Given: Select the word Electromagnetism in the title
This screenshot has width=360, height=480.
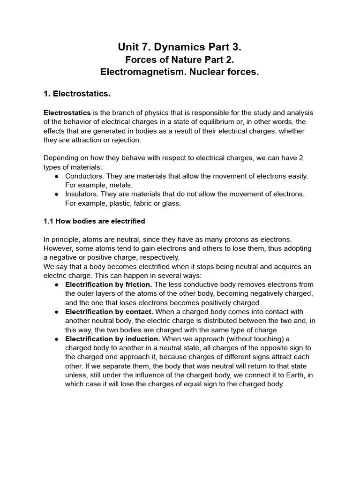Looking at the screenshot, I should [140, 72].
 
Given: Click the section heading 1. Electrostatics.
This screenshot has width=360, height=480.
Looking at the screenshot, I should [77, 94].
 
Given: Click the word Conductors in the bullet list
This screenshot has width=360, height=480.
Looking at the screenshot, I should [84, 176].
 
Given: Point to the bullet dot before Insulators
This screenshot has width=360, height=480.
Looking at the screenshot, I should [57, 194].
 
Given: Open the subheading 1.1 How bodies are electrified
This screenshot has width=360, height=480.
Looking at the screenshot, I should [94, 221].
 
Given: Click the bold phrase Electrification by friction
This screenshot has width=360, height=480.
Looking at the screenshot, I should [109, 285].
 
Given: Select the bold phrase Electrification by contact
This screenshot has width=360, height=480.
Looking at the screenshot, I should [109, 312].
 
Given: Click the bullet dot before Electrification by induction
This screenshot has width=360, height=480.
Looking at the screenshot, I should [57, 339].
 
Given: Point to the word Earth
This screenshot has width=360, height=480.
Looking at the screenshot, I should [290, 375].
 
